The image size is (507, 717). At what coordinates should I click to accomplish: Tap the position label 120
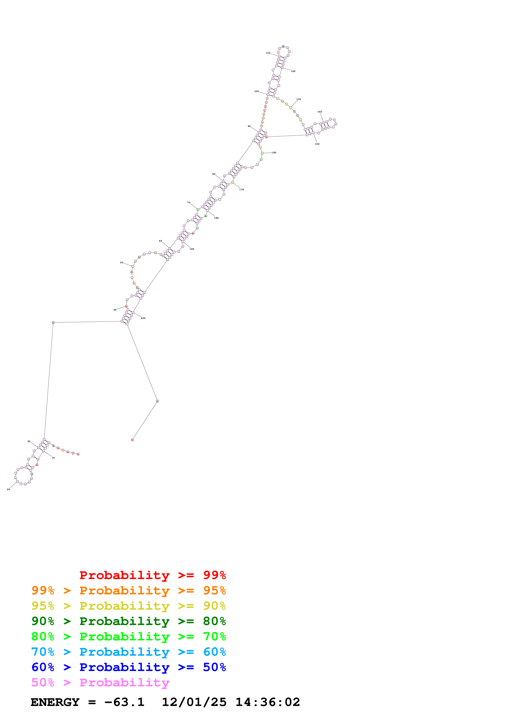pos(293,71)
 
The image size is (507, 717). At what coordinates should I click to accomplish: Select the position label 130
pos(298,99)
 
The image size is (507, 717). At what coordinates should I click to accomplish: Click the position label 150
pos(317,144)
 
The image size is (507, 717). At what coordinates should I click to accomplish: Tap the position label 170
pos(242,189)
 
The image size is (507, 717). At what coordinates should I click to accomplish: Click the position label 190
pos(192,249)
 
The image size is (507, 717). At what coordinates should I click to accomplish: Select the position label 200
pos(143,318)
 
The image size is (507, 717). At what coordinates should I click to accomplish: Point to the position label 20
pos(8,489)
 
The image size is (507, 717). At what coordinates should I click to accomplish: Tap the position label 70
pos(189,202)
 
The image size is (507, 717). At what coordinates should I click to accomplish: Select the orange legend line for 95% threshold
pos(128,590)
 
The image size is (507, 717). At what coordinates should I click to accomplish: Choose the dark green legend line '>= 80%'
pos(128,621)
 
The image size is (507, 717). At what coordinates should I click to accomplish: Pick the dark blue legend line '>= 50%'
pos(128,667)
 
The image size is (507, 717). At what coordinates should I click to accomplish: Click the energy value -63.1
pos(124,702)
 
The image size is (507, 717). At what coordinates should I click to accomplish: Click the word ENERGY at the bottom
pos(55,702)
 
